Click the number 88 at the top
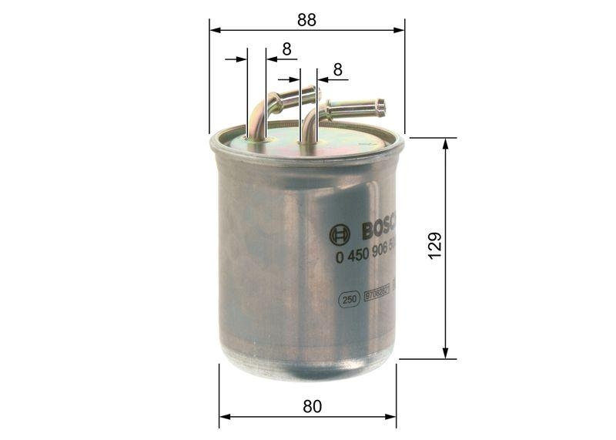coord(306,21)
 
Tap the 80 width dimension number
coord(312,406)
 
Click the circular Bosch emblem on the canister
coord(340,234)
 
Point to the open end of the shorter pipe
coord(316,94)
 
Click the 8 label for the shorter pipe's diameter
coord(286,49)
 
